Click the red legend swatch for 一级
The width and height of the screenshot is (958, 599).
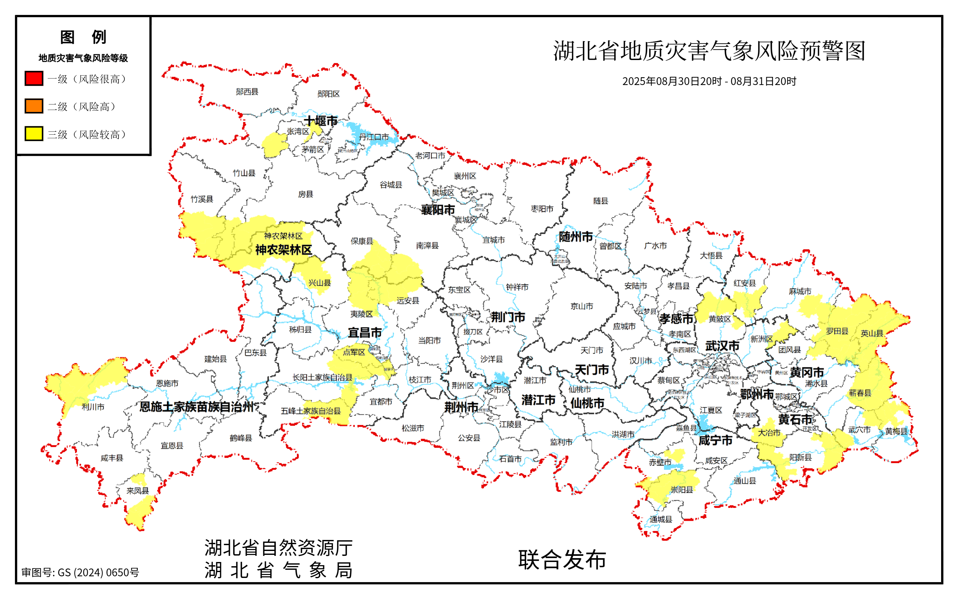coord(34,79)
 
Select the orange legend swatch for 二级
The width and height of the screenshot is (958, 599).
coord(34,106)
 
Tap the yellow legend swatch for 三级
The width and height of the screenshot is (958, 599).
coord(34,134)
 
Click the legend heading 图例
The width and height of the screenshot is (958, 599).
coord(83,37)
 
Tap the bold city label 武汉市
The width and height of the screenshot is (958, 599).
coord(722,346)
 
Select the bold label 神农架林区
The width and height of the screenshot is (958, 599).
coord(284,250)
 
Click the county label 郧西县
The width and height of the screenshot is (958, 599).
coord(247,92)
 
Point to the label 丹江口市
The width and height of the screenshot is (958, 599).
coord(373,137)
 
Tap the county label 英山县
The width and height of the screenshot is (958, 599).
coord(872,334)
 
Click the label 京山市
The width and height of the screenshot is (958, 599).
coord(582,306)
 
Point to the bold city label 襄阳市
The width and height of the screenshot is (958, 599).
coord(437,210)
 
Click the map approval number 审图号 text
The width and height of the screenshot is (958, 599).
coord(81,572)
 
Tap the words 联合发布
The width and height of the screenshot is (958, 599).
coord(562,560)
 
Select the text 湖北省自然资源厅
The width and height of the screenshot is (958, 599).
coord(278,548)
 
